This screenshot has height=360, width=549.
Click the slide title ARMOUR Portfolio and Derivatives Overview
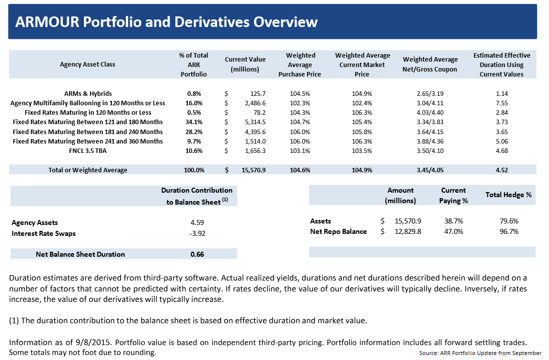coord(166,22)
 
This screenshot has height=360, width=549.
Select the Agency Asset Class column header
coord(87,65)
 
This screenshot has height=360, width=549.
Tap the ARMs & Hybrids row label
coord(87,94)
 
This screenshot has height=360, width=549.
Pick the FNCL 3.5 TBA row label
coord(87,150)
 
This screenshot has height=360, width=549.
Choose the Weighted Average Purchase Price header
coord(300,65)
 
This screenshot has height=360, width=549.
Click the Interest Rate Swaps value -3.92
coord(197,233)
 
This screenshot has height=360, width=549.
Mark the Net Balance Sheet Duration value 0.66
coord(197,254)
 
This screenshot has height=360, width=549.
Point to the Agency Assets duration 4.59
coord(197,223)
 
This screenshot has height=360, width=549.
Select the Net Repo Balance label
coord(338,231)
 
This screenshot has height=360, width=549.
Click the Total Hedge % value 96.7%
coord(508,231)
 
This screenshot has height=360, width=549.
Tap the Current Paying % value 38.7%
coord(454,221)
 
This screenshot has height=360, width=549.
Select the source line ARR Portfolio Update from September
coord(480,353)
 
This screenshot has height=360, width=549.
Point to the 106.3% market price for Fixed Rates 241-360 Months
coord(362,141)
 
